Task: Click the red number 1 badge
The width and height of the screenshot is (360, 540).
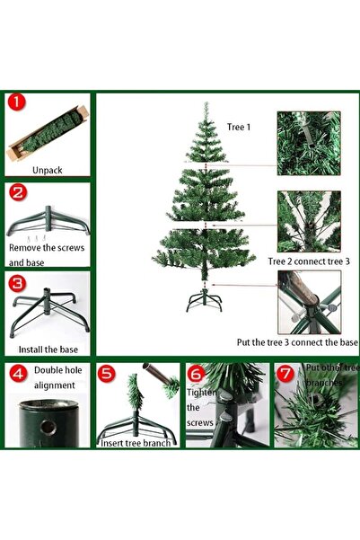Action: coord(17,103)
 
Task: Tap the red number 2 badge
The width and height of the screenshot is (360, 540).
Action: coord(17,192)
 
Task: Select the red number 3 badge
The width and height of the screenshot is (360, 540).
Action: coord(17,282)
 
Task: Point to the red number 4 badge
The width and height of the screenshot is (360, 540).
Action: coord(17,373)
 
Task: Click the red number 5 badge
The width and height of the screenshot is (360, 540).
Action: coord(107,373)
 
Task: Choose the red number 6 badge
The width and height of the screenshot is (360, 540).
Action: coord(197,373)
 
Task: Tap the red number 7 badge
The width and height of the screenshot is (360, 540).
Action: coord(285,373)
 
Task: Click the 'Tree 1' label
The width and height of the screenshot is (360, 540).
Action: coord(239,128)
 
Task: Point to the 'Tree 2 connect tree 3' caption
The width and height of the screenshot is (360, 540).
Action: coord(308,261)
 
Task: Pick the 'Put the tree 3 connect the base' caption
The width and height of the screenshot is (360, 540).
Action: coord(296,342)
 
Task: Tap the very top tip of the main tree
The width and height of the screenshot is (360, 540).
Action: coord(206,105)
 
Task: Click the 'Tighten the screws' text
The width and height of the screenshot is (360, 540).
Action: coord(200,407)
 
